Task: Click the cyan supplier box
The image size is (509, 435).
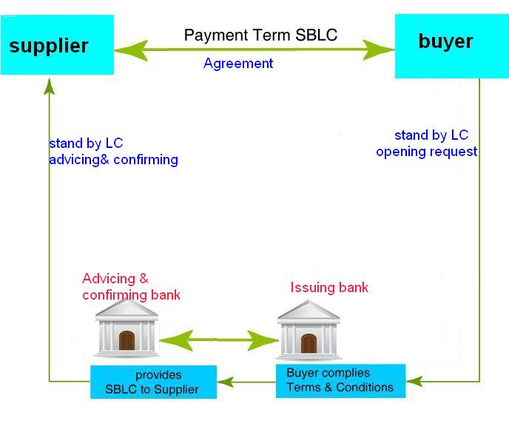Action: pyautogui.click(x=57, y=45)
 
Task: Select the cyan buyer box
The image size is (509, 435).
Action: pyautogui.click(x=452, y=46)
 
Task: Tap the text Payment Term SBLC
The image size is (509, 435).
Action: pyautogui.click(x=260, y=35)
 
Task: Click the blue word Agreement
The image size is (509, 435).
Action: pyautogui.click(x=238, y=64)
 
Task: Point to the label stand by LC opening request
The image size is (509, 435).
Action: pyautogui.click(x=427, y=144)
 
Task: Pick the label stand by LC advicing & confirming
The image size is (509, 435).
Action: pyautogui.click(x=113, y=152)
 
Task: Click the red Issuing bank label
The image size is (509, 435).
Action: pyautogui.click(x=329, y=288)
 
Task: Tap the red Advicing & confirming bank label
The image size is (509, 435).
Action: pyautogui.click(x=131, y=287)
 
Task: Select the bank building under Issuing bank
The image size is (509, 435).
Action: pyautogui.click(x=309, y=330)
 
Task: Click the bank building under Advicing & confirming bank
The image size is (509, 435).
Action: pyautogui.click(x=127, y=328)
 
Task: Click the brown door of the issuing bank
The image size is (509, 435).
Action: pyautogui.click(x=309, y=343)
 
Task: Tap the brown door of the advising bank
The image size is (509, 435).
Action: pyautogui.click(x=127, y=340)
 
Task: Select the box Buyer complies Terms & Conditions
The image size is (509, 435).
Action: pyautogui.click(x=340, y=381)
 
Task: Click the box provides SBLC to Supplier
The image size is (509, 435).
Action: pyautogui.click(x=153, y=382)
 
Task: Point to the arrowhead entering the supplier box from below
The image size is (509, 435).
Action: pyautogui.click(x=50, y=87)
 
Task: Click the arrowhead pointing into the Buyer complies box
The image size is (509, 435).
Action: pyautogui.click(x=414, y=381)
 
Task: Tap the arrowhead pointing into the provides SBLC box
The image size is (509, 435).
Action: pyautogui.click(x=225, y=382)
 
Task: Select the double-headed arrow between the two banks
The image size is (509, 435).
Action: pyautogui.click(x=219, y=340)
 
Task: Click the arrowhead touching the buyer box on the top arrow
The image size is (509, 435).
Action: pyautogui.click(x=379, y=50)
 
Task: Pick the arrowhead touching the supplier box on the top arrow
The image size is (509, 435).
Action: pyautogui.click(x=131, y=50)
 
